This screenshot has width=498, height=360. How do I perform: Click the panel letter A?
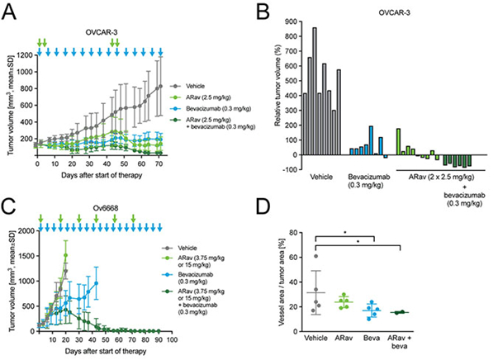pyautogui.click(x=9, y=10)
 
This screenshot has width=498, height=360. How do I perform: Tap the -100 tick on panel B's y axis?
pyautogui.click(x=287, y=168)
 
